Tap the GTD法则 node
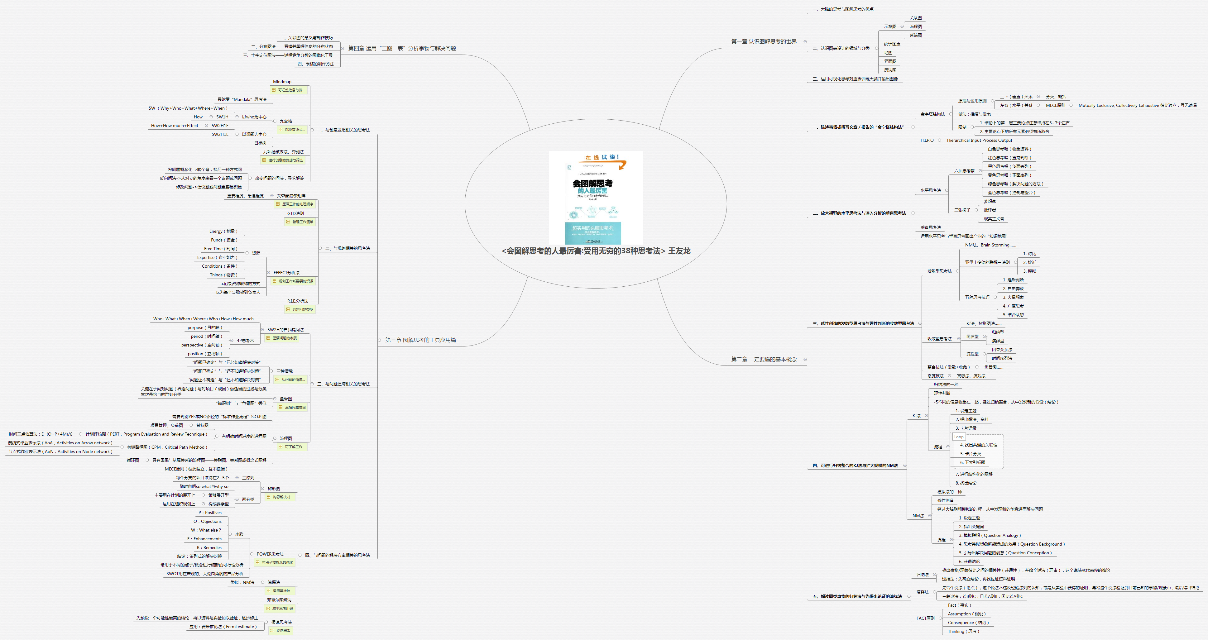click(x=295, y=213)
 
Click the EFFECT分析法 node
click(x=286, y=272)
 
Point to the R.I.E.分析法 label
click(x=297, y=301)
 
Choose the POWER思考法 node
click(x=270, y=554)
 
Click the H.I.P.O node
click(x=927, y=140)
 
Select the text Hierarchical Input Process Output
click(x=979, y=140)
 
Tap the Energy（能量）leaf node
click(x=223, y=231)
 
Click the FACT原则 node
click(x=925, y=618)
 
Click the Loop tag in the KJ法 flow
click(x=959, y=437)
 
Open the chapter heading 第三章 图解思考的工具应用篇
click(x=420, y=340)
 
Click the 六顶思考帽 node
click(x=964, y=171)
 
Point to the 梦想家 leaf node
click(x=990, y=201)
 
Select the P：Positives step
click(x=210, y=513)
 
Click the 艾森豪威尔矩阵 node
click(x=291, y=195)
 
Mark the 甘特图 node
click(x=202, y=425)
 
